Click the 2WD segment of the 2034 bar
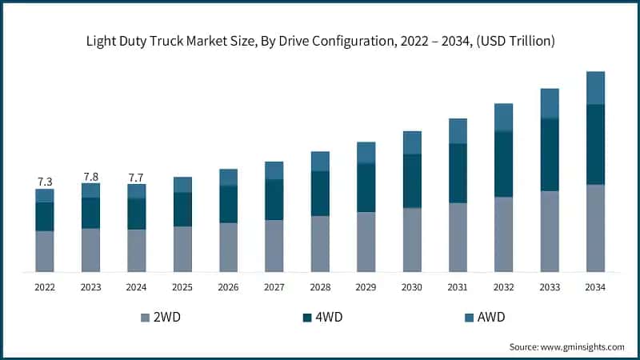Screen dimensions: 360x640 [595, 228]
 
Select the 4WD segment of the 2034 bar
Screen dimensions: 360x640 [595, 144]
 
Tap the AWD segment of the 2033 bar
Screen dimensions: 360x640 [549, 103]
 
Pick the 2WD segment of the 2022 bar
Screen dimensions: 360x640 [45, 251]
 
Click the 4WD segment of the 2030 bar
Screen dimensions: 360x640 [412, 181]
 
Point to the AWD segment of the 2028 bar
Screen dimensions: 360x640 [320, 161]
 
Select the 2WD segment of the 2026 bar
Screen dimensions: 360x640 [228, 247]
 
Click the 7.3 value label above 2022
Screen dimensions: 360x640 [45, 182]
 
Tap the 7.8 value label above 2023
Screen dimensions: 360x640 [90, 176]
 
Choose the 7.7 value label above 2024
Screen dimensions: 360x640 [137, 178]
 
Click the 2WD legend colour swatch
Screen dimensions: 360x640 [145, 318]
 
